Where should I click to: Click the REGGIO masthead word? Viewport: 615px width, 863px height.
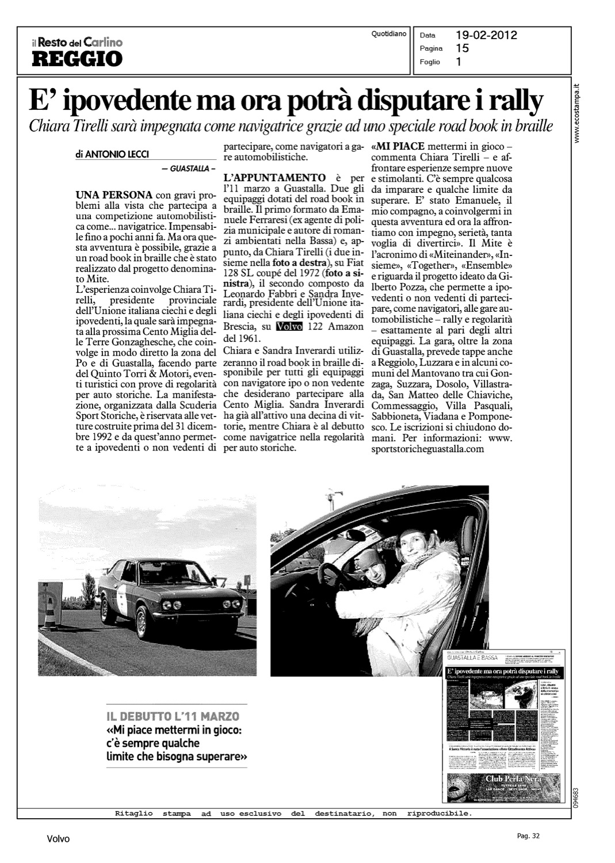pos(77,59)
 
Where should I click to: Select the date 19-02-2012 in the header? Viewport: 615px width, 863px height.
pos(486,36)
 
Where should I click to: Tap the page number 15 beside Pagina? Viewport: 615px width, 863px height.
pos(463,49)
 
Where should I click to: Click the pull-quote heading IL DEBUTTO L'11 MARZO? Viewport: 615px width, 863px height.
pos(173,717)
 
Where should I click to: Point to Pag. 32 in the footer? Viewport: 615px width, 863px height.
pos(528,836)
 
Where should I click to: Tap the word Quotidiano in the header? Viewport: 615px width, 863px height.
pos(389,34)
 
